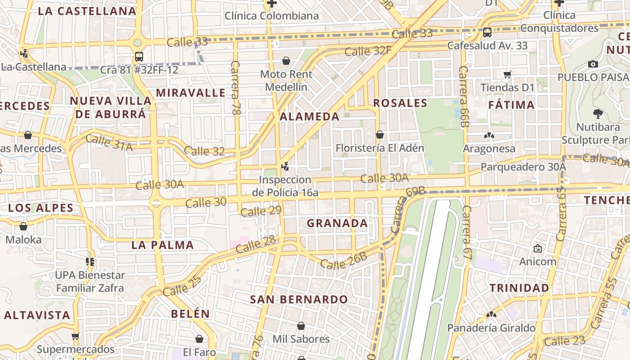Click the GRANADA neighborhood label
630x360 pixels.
coord(337,223)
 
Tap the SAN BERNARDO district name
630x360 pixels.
coord(299,299)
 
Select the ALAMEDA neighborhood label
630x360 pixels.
coord(310,117)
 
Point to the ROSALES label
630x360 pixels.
coord(400,103)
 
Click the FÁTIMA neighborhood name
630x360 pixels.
coord(512,105)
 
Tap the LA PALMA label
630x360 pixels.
coord(162,245)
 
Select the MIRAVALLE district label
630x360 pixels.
coord(190,93)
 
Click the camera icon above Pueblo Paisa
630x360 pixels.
coord(593,64)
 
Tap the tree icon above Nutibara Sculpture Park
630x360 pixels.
coord(598,113)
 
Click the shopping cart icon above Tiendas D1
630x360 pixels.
coord(508,74)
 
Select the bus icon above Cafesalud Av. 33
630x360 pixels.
coord(487,32)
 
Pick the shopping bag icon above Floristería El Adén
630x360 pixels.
coord(379,135)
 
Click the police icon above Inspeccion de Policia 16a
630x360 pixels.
coord(285,166)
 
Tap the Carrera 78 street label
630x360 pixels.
coord(235,88)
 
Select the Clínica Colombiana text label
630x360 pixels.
coord(271,16)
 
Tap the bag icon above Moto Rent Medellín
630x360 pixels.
coord(286,61)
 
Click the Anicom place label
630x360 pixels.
coord(538,261)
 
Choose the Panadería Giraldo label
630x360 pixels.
coord(491,328)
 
